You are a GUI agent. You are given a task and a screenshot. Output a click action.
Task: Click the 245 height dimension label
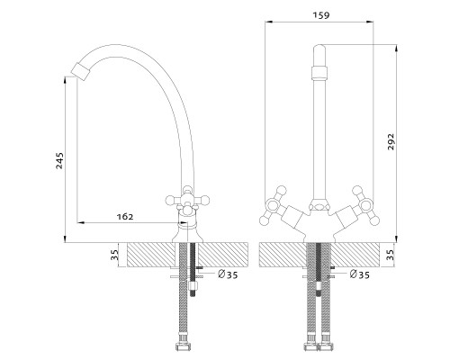(60, 161)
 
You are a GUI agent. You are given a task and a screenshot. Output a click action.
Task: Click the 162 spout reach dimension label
(125, 217)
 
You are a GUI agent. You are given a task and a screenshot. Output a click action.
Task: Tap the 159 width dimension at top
(321, 15)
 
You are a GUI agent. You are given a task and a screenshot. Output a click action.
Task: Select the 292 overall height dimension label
(391, 141)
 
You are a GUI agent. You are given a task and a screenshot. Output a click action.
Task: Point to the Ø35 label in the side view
(228, 274)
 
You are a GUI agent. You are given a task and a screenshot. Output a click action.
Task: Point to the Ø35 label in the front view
(360, 274)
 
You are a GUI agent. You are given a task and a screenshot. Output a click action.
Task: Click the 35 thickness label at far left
(115, 255)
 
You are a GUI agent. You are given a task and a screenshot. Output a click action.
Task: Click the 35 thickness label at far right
(391, 255)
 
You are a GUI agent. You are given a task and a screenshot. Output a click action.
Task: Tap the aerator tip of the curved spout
(81, 72)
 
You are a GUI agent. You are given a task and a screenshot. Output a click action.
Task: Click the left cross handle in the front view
(274, 206)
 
